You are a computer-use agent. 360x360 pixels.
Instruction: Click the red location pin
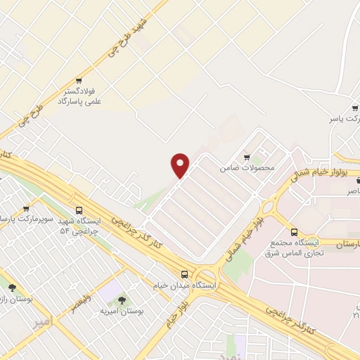click(181, 165)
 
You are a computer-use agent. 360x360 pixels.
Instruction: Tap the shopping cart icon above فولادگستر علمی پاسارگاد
click(79, 80)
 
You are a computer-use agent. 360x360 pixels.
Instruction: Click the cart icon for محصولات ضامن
click(247, 157)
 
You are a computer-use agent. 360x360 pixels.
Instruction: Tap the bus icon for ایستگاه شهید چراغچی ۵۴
click(79, 209)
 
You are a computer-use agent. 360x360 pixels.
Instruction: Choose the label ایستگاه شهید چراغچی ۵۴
click(80, 225)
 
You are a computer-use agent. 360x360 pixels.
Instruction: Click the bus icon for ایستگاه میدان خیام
click(184, 274)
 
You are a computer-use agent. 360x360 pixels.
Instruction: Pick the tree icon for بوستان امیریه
click(122, 300)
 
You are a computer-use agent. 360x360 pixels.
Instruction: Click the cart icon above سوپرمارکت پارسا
click(26, 209)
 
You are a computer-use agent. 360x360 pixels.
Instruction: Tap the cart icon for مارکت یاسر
click(355, 108)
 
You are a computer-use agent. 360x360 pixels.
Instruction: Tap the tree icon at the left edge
click(12, 287)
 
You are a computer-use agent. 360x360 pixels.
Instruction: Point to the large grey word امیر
click(42, 321)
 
